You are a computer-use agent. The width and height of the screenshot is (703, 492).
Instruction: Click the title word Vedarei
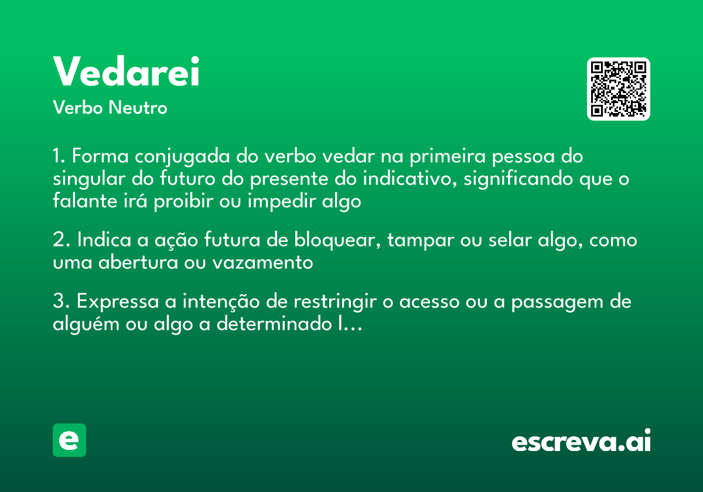coord(127,72)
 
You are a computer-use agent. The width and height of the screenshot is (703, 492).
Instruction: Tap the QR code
coord(619,89)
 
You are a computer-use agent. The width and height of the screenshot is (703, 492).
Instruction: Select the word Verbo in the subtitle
coord(77,108)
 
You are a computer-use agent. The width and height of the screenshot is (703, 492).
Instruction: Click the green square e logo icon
coord(69,440)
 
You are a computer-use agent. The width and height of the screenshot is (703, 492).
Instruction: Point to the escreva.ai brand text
coord(581,442)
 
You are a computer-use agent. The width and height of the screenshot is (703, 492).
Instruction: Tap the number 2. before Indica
coord(61,241)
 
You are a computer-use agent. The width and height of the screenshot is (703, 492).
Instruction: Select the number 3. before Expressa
coord(61,302)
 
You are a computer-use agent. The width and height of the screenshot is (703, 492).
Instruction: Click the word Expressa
coord(117,302)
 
